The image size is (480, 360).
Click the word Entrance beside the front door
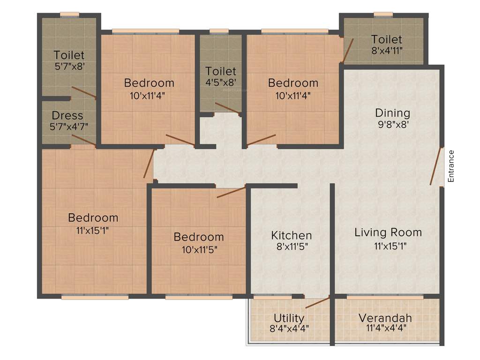[451, 166]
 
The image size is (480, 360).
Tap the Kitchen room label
[292, 235]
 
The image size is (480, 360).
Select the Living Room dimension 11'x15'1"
[388, 246]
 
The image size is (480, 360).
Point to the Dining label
[392, 113]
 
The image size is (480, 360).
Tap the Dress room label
[67, 115]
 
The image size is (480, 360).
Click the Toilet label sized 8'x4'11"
[387, 39]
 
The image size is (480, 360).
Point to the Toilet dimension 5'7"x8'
[69, 66]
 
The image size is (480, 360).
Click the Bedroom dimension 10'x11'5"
[198, 249]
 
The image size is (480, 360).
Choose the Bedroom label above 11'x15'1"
[93, 218]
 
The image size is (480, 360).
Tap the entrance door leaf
[435, 166]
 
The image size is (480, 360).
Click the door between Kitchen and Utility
[317, 302]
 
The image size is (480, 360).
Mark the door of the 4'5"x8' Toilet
[227, 108]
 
